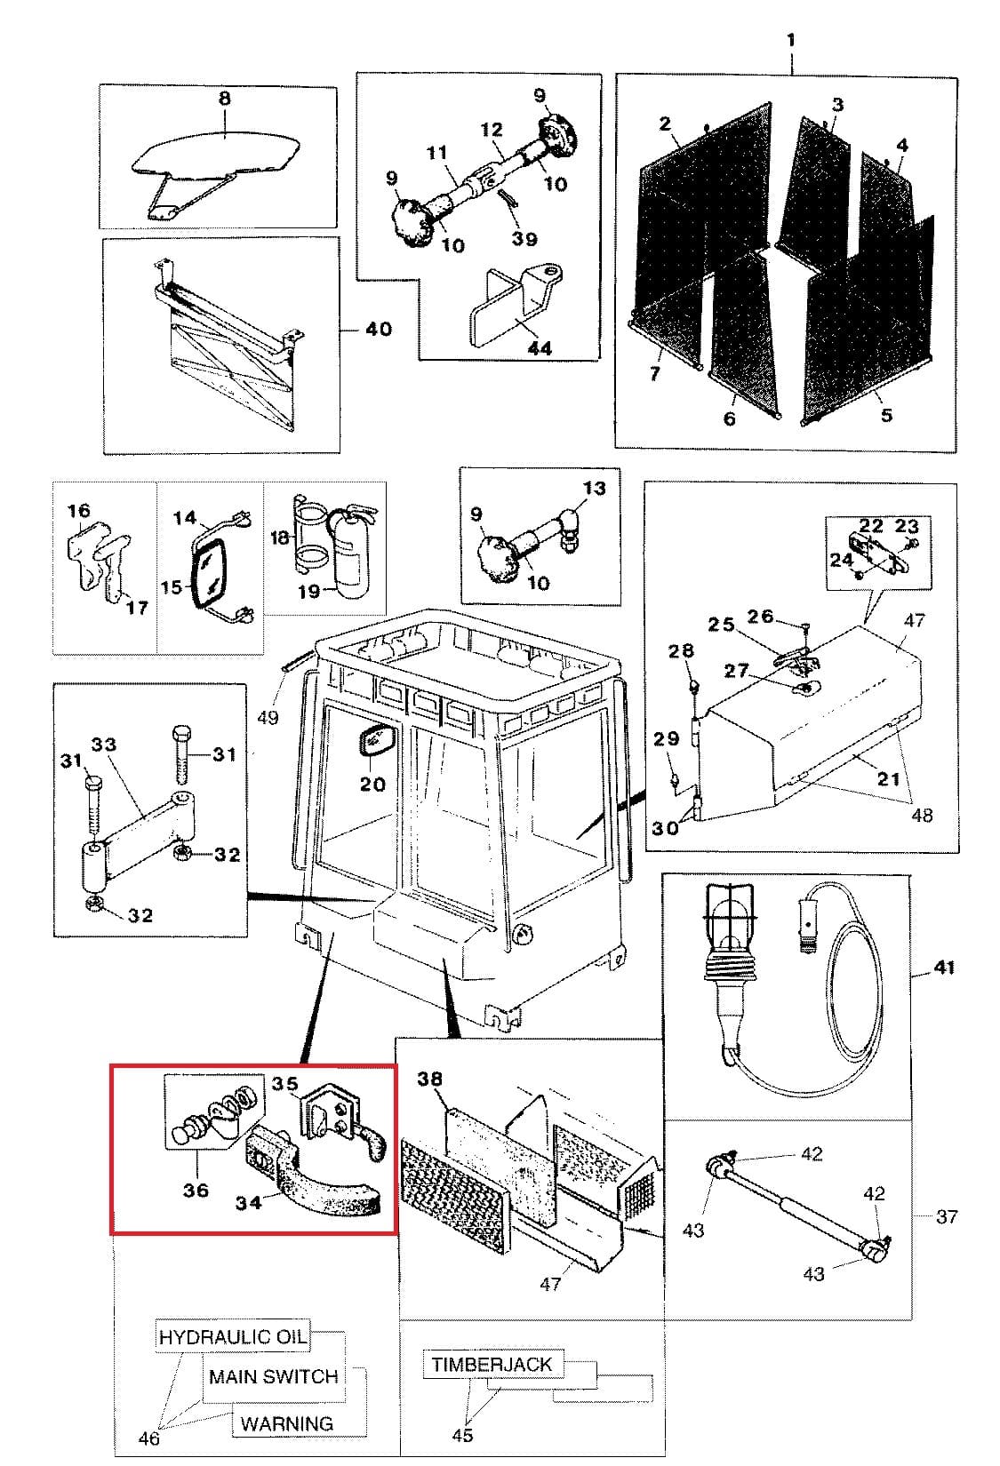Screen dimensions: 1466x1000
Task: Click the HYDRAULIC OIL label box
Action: tap(233, 1336)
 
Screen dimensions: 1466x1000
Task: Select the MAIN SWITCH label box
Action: tap(273, 1376)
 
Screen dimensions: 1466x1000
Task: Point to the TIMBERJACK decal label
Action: tap(492, 1364)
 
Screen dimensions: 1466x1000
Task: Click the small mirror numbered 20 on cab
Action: tap(372, 740)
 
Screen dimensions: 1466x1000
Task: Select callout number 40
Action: tap(378, 330)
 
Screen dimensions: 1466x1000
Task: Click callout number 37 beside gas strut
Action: tap(947, 1215)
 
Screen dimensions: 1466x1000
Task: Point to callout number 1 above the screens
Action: tap(790, 40)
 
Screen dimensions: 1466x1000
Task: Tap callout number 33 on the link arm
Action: tap(104, 745)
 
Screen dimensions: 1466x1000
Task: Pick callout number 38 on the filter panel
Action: tap(429, 1080)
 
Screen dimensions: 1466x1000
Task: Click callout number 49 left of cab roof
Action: tap(268, 716)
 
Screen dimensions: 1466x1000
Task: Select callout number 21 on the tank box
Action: tap(889, 778)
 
